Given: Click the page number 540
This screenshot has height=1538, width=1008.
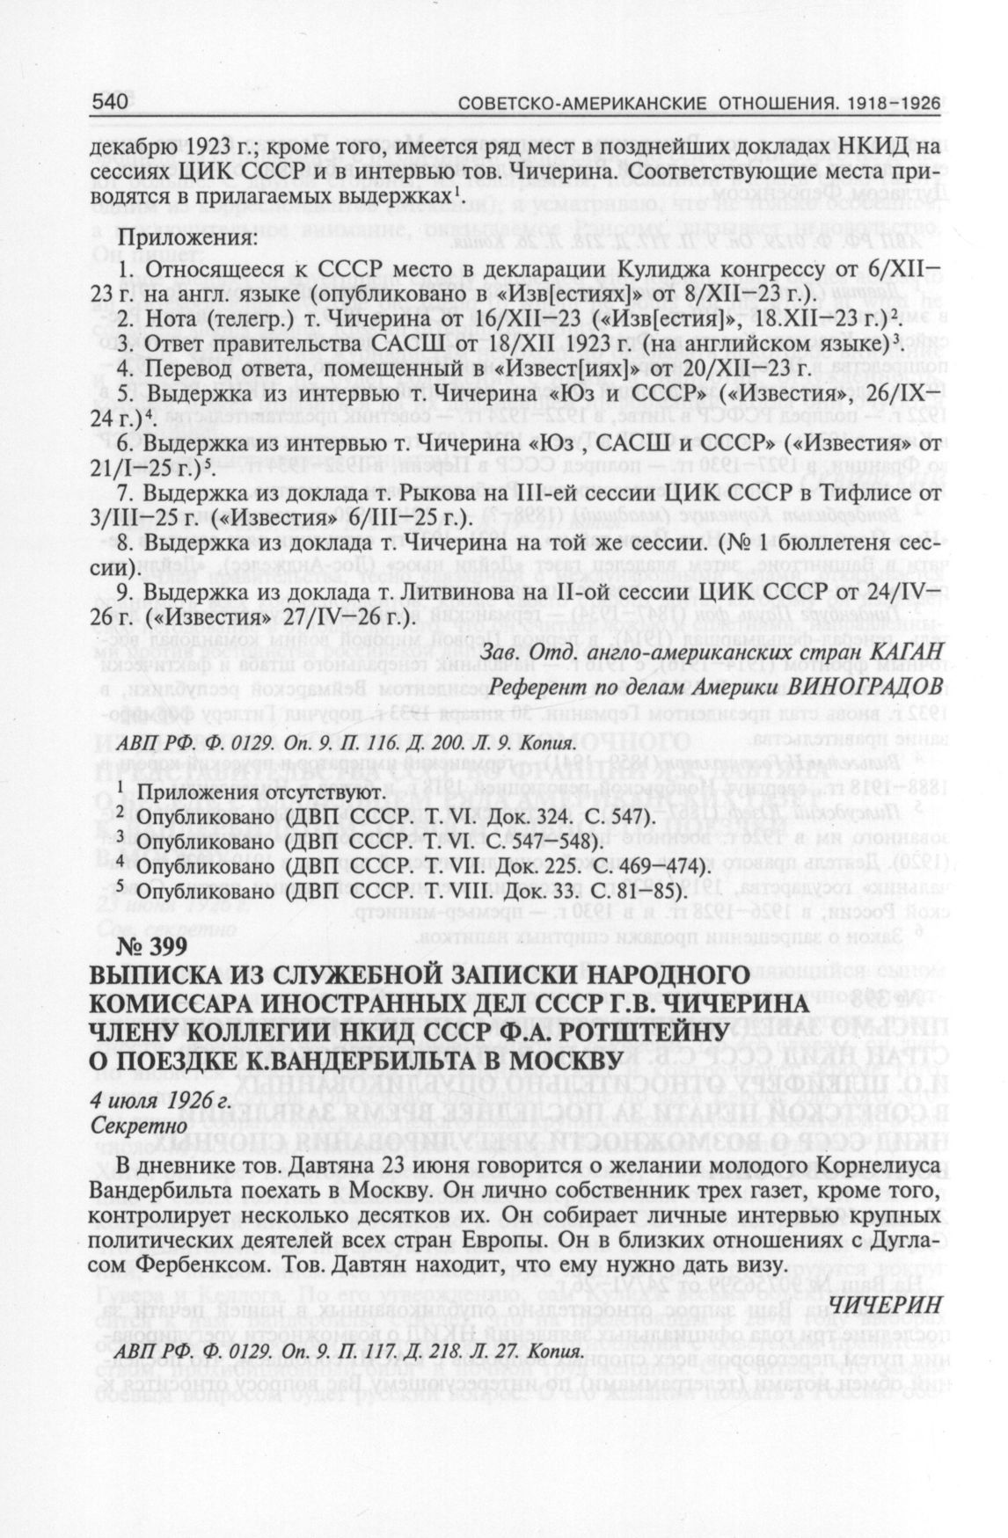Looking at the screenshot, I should pyautogui.click(x=111, y=102).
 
